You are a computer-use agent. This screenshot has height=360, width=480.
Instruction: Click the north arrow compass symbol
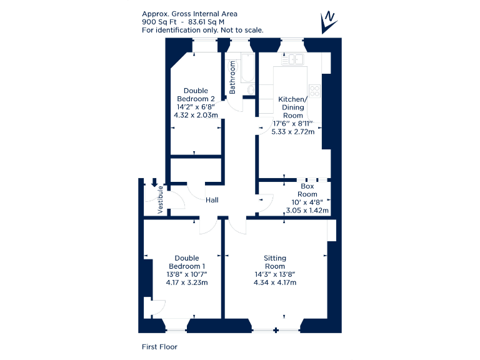pos(328,22)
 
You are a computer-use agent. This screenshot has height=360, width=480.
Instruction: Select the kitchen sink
pos(292,59)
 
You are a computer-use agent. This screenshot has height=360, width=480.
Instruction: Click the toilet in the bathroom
pos(251,91)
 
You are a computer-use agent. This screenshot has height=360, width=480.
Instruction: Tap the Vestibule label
pos(161,200)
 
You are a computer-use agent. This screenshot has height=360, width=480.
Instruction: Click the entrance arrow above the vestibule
pos(154,182)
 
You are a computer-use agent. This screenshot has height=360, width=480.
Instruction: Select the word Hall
pos(212,200)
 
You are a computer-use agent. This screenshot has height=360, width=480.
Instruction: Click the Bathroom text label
pos(232,77)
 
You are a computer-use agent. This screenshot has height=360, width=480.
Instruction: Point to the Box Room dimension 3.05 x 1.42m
pos(306,210)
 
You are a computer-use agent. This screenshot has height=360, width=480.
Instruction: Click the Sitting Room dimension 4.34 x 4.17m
pos(275,282)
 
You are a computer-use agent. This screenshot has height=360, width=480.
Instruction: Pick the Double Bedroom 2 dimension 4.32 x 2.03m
pos(196,115)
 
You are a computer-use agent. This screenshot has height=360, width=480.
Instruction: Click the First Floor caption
pos(159,346)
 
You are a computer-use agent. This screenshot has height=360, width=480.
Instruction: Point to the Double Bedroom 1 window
pos(176,325)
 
